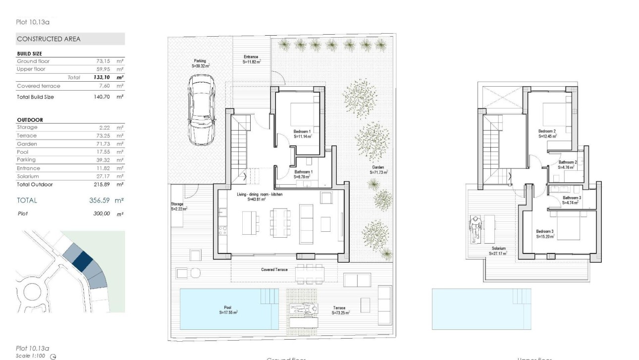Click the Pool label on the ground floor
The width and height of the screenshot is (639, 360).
228,310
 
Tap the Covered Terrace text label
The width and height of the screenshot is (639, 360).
274,269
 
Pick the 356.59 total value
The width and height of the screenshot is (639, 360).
95,201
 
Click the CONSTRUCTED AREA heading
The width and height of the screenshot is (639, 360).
49,39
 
